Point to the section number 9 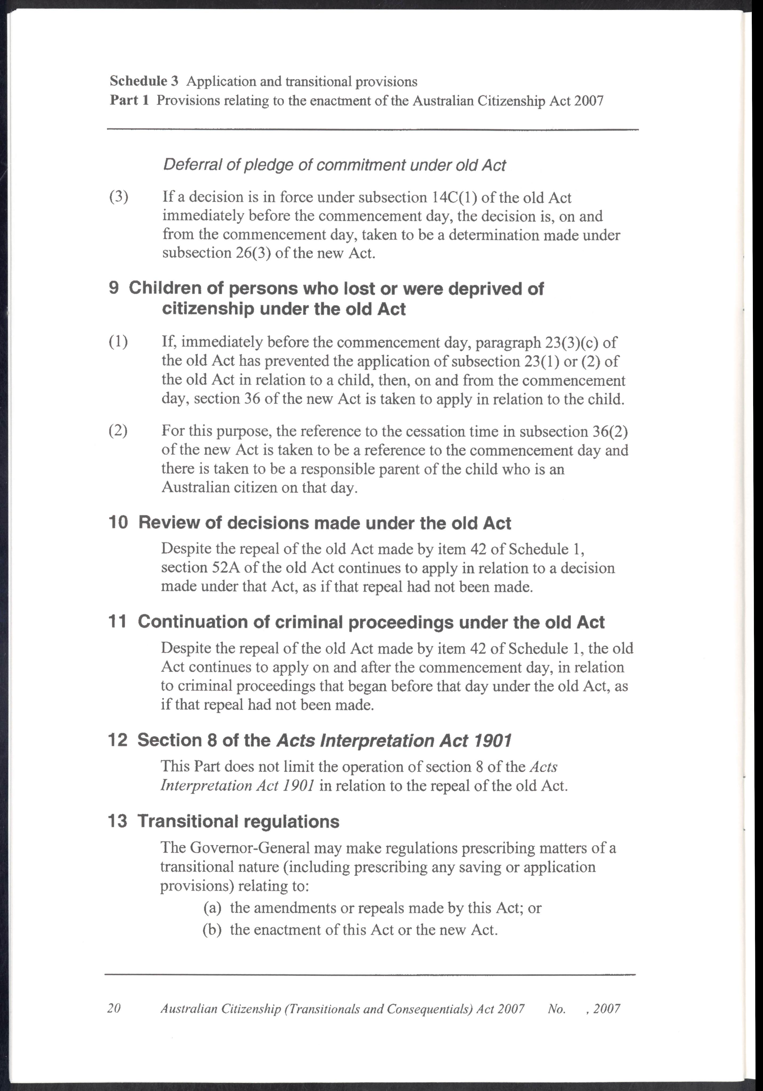114,288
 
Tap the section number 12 118,740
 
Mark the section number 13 118,821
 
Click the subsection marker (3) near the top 119,197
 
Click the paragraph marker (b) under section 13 212,929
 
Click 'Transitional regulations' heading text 239,821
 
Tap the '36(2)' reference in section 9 610,431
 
